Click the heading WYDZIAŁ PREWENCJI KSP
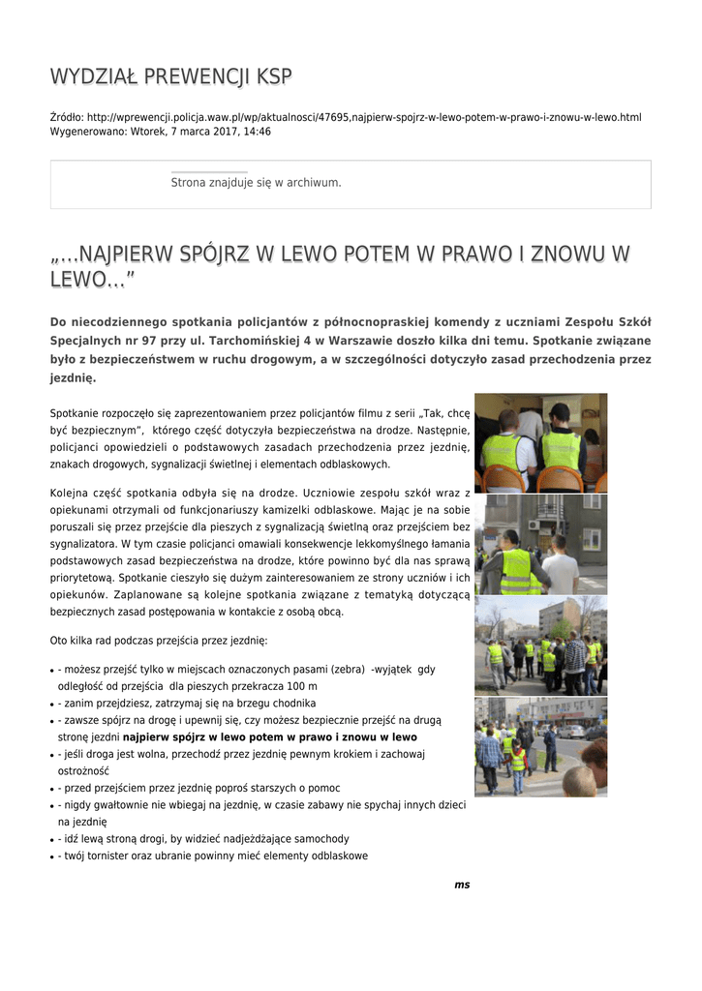point(170,76)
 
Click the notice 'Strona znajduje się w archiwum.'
point(256,182)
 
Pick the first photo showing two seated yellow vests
point(540,442)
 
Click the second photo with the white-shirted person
point(540,544)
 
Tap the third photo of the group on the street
point(540,645)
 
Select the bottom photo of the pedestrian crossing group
point(540,746)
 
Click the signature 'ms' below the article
point(462,885)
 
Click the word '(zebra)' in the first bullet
point(346,669)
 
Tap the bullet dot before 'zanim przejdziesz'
point(51,704)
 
